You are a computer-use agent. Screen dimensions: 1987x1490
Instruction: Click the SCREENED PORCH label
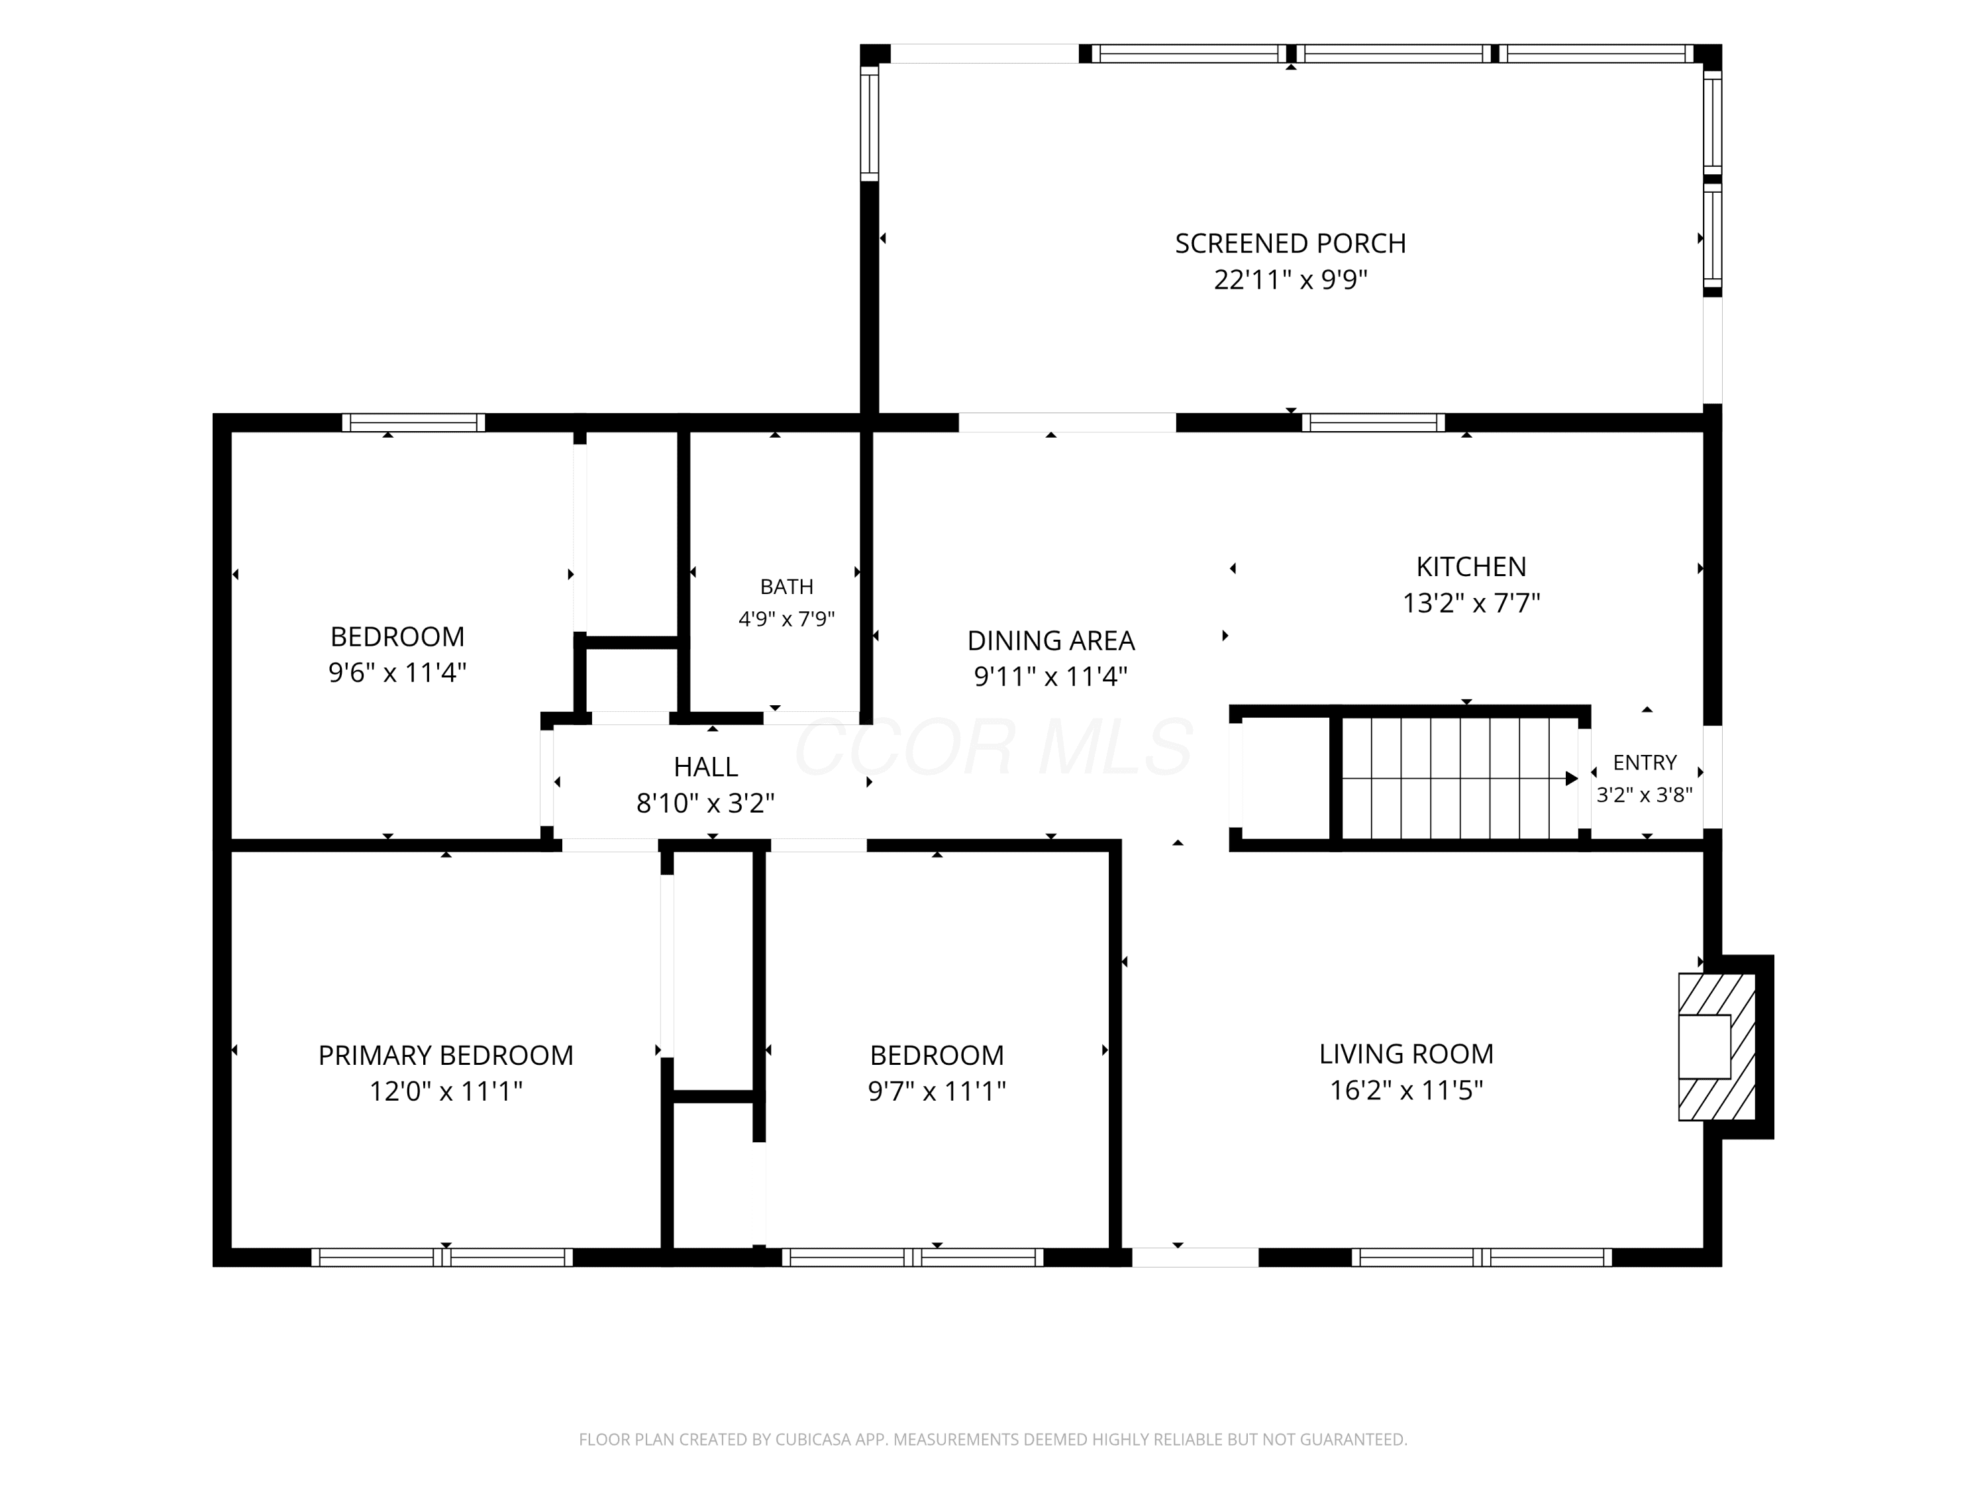(1290, 244)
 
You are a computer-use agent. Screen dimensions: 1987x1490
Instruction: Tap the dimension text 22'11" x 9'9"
(1290, 280)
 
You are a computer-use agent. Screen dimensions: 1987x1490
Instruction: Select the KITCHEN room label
(1470, 567)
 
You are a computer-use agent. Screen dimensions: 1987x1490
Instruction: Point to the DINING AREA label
(1051, 640)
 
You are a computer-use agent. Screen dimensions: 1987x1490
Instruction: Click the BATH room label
(787, 587)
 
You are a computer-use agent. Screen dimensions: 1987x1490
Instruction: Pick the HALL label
(706, 767)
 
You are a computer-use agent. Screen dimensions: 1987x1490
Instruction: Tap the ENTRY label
(1645, 762)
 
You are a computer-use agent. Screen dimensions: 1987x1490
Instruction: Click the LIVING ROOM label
(1406, 1054)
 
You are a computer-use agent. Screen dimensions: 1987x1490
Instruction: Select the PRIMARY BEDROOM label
(446, 1056)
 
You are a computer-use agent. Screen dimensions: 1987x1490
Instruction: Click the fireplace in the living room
(1717, 1046)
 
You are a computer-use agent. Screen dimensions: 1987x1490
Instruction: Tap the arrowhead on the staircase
(1571, 779)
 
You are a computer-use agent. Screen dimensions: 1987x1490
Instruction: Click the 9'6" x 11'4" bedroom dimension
(397, 673)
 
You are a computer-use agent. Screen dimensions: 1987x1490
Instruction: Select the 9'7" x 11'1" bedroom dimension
(937, 1091)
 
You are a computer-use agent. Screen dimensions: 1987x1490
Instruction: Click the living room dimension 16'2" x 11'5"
(1406, 1090)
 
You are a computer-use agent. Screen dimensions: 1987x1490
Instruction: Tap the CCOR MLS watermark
(993, 746)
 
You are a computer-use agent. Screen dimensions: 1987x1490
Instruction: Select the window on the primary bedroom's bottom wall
(442, 1258)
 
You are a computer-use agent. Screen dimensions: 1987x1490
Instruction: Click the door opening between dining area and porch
(1067, 422)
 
